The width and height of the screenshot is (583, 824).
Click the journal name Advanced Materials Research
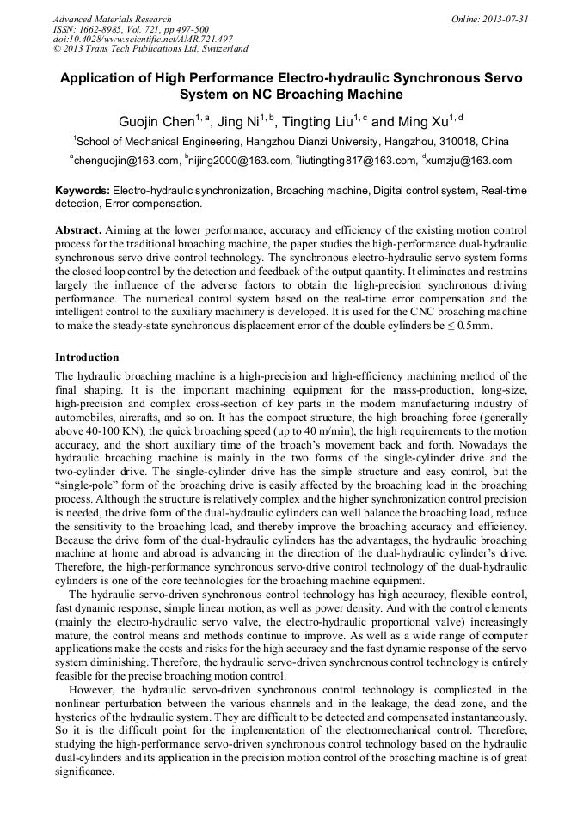[112, 19]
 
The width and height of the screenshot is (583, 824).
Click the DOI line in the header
[143, 39]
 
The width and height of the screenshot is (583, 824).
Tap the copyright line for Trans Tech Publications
[150, 49]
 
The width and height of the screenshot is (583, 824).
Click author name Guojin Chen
[156, 122]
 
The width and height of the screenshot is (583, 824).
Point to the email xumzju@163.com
[470, 161]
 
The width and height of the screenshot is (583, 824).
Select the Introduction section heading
[87, 357]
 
